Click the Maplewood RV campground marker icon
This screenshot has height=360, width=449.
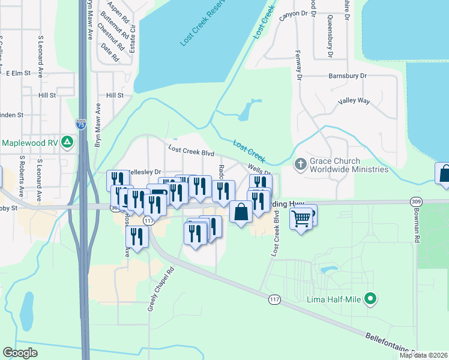[68, 142]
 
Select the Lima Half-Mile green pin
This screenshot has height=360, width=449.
[371, 298]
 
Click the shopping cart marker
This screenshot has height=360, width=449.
[301, 217]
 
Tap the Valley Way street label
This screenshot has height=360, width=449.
[354, 101]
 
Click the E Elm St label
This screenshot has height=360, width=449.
[18, 73]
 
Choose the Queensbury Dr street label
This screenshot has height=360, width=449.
[330, 37]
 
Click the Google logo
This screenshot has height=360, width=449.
[20, 352]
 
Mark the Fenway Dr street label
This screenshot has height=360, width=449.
[298, 59]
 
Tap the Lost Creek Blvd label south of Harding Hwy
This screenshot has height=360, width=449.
[277, 238]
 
